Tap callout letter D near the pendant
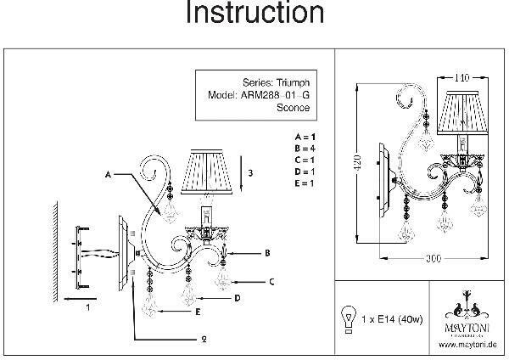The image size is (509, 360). point(237,298)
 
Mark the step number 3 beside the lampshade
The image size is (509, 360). point(250,172)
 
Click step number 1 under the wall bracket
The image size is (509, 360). point(87,310)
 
